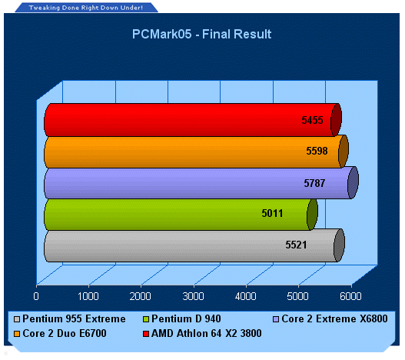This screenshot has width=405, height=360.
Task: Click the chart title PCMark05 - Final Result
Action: pos(201,34)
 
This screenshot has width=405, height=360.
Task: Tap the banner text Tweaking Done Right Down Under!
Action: pos(86,8)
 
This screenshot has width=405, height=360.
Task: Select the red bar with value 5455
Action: pos(193,120)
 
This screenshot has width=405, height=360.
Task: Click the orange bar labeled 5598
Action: pos(196,152)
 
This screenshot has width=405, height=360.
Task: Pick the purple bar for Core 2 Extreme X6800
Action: pos(201,183)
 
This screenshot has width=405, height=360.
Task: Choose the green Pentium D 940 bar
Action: pos(181,214)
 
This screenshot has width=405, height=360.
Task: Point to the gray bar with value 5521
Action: pos(194,245)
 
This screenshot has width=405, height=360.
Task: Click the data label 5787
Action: pos(314,183)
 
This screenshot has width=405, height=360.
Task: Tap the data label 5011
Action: pos(272,213)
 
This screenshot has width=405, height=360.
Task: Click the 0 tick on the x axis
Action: pos(36,296)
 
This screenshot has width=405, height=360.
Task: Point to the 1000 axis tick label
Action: pos(88,296)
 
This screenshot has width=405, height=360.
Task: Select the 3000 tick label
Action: pos(193,296)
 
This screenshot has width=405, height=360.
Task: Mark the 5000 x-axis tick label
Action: pos(298,296)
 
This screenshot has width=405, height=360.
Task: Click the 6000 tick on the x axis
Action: pos(350,296)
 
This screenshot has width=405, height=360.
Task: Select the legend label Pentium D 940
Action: pos(186,318)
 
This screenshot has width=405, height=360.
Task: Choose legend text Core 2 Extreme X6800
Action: pos(334,318)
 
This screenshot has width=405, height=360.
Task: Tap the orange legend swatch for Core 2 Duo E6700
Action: pos(17,334)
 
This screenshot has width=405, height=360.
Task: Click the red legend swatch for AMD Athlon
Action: pos(146,334)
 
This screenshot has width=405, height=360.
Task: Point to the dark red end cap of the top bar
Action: pos(337,120)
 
